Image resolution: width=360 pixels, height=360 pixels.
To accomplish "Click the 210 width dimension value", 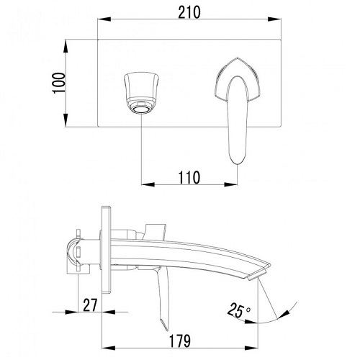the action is point(189,12).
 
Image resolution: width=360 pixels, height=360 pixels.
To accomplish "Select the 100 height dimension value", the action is point(59,83).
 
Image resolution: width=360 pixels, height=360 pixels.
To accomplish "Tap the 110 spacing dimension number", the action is point(189,178).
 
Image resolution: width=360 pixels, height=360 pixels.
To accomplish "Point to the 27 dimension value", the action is point(90,305).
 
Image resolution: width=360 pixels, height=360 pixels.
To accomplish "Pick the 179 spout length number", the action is point(180,341).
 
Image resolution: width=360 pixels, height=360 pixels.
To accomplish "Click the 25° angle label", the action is point(238,310).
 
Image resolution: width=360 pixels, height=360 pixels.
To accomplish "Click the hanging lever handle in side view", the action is point(163,297).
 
